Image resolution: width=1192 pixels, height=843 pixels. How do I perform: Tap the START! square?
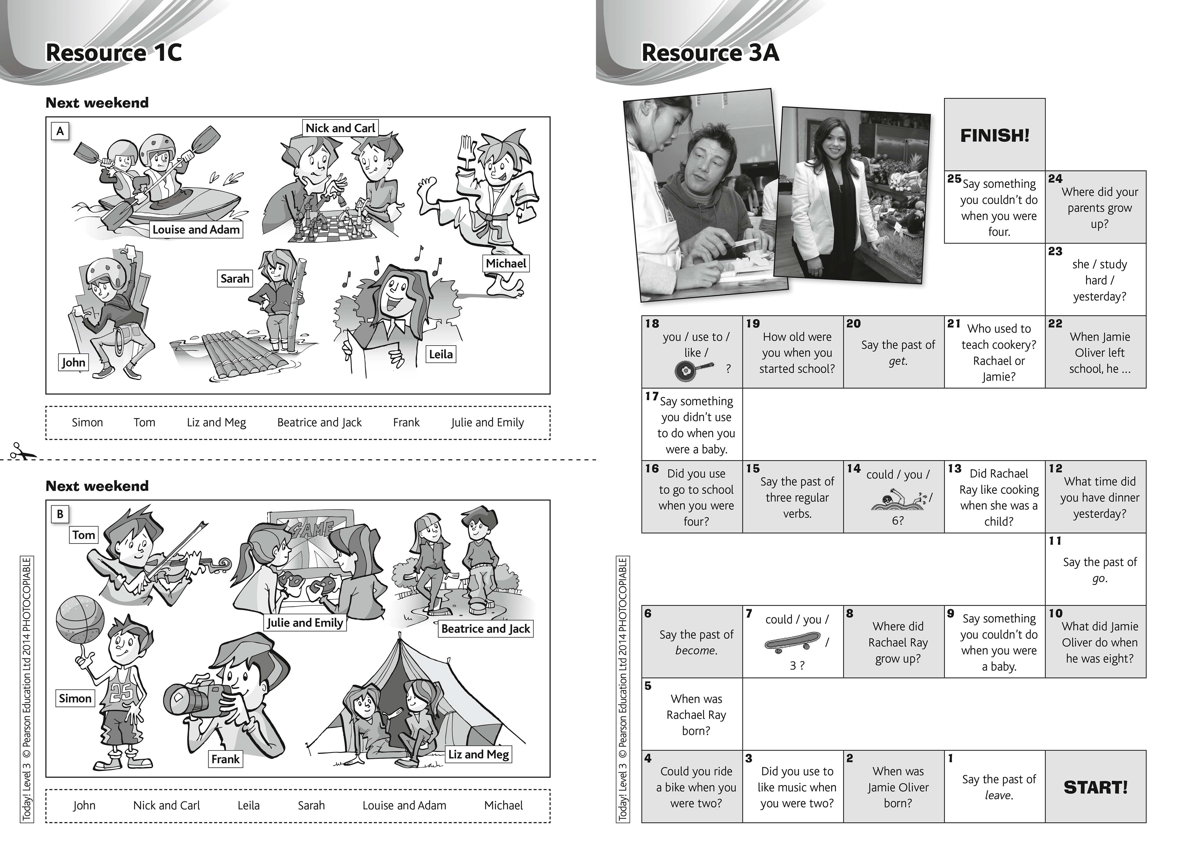[1095, 787]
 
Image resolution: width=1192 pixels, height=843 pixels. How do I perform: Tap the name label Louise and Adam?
[196, 229]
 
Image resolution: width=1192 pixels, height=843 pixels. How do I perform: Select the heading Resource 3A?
[710, 52]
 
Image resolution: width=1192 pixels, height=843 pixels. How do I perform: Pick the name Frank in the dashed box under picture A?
[406, 422]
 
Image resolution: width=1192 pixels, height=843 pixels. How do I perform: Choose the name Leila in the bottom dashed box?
[248, 805]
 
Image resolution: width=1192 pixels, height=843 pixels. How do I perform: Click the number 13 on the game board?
[954, 469]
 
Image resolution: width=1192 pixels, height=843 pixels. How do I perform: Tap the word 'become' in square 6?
[696, 650]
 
